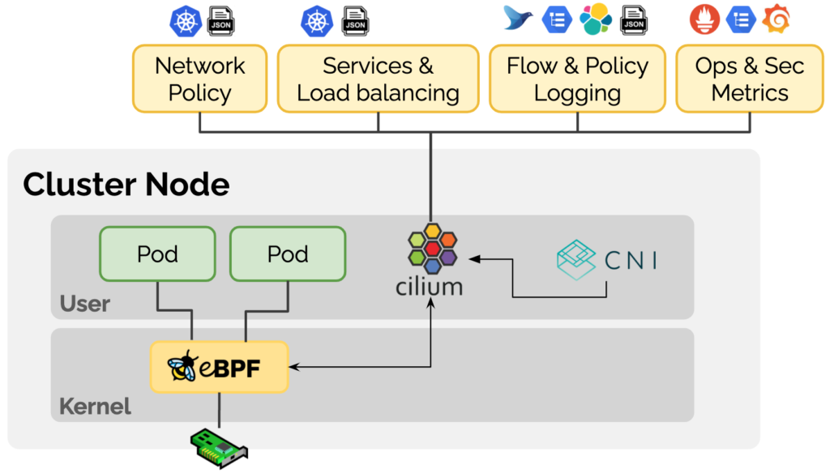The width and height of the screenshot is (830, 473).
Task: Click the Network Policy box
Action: (199, 79)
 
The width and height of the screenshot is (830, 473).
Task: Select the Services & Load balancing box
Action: (378, 79)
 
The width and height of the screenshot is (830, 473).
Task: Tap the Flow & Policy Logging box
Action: (577, 79)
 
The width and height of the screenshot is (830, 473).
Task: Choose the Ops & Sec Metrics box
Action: (750, 79)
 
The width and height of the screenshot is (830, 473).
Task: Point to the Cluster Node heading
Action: (126, 185)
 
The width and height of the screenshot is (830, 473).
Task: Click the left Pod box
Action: (157, 254)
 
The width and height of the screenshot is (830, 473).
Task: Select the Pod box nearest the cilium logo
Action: (288, 254)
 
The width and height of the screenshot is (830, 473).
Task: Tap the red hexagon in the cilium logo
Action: (432, 247)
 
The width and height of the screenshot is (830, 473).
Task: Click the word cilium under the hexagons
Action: (430, 286)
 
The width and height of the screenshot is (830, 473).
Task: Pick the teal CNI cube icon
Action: (581, 259)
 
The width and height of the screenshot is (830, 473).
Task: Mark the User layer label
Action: (85, 304)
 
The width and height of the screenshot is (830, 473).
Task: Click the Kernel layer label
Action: (95, 406)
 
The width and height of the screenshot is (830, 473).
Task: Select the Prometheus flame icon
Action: (704, 19)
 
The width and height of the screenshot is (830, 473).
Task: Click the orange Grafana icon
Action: (777, 19)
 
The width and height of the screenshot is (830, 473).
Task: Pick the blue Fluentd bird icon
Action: (519, 19)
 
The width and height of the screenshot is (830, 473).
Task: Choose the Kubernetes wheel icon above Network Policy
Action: (186, 20)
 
